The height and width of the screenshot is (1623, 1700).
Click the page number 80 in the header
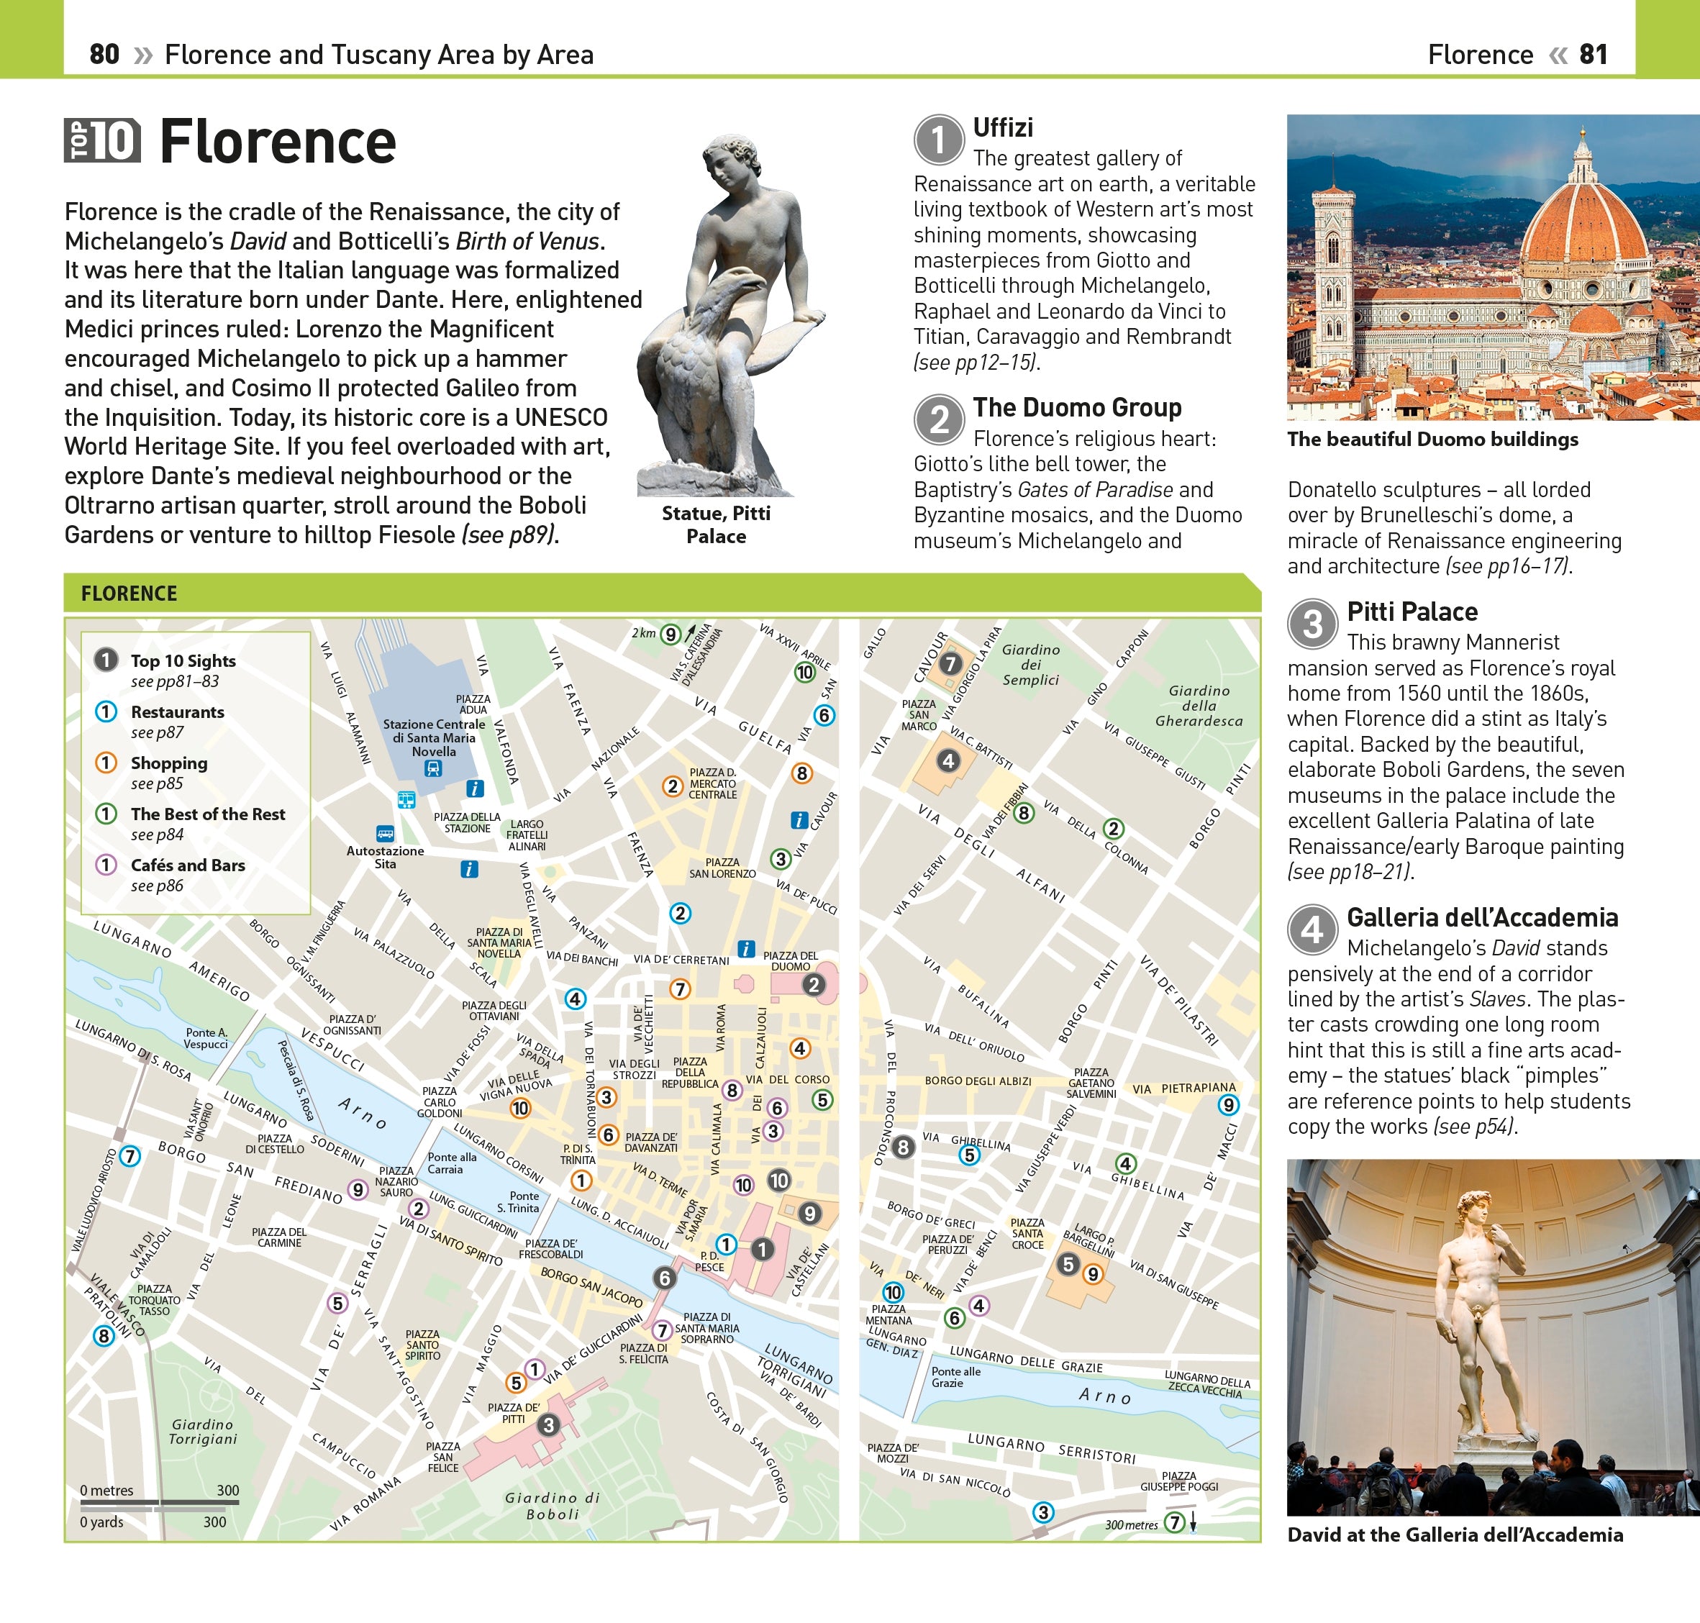pos(104,55)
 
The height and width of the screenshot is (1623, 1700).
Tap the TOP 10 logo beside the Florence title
pos(102,141)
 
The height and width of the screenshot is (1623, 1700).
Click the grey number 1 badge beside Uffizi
pos(939,140)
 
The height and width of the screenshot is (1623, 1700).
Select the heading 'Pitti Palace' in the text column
pos(1412,612)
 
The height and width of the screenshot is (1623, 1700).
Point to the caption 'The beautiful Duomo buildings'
pos(1432,440)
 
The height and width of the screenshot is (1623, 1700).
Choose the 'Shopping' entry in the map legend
pos(168,763)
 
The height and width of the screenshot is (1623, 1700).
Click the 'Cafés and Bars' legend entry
pos(188,865)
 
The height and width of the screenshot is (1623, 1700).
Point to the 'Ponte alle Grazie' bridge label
pos(955,1376)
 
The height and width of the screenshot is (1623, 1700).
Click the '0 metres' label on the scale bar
pos(106,1491)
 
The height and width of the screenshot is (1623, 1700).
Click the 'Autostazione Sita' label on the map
pos(385,857)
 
